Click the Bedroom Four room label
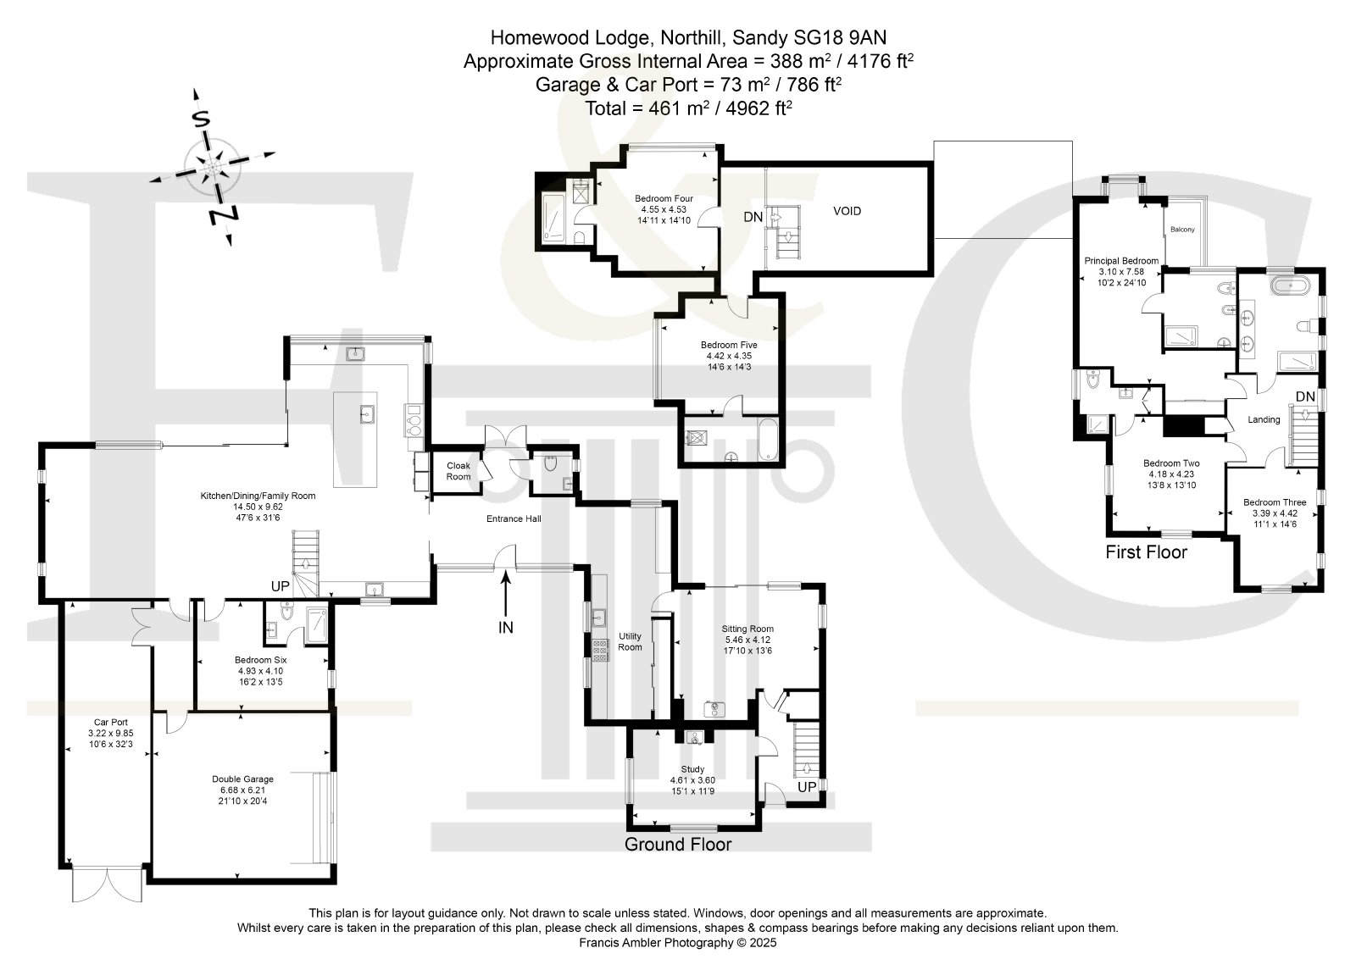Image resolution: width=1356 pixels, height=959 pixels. click(x=664, y=198)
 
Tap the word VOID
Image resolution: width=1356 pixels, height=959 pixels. click(x=847, y=211)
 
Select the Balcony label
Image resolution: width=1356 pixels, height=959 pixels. click(x=1182, y=230)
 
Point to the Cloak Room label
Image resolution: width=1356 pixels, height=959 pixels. click(x=458, y=471)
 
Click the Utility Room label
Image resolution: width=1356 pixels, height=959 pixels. click(x=630, y=641)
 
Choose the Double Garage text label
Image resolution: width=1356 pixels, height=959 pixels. click(x=242, y=779)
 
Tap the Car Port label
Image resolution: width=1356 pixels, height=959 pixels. click(x=111, y=722)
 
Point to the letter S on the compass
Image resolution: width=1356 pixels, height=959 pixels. click(x=201, y=119)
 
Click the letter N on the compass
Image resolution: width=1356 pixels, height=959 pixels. click(x=224, y=214)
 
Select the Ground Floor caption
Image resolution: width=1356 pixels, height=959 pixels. click(x=678, y=844)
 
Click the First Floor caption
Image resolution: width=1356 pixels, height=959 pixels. click(x=1146, y=552)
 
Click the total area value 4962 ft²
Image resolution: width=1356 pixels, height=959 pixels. click(x=759, y=108)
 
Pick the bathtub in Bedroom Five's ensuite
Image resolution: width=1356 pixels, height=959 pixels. click(x=768, y=439)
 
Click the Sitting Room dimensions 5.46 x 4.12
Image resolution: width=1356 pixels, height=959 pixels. click(x=747, y=640)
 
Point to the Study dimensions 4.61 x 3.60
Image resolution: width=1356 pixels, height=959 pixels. click(x=692, y=780)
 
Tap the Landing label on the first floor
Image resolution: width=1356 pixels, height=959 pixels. click(x=1264, y=419)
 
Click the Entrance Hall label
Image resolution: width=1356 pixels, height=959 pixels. click(x=514, y=518)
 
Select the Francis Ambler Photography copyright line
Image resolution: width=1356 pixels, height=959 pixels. click(x=677, y=942)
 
